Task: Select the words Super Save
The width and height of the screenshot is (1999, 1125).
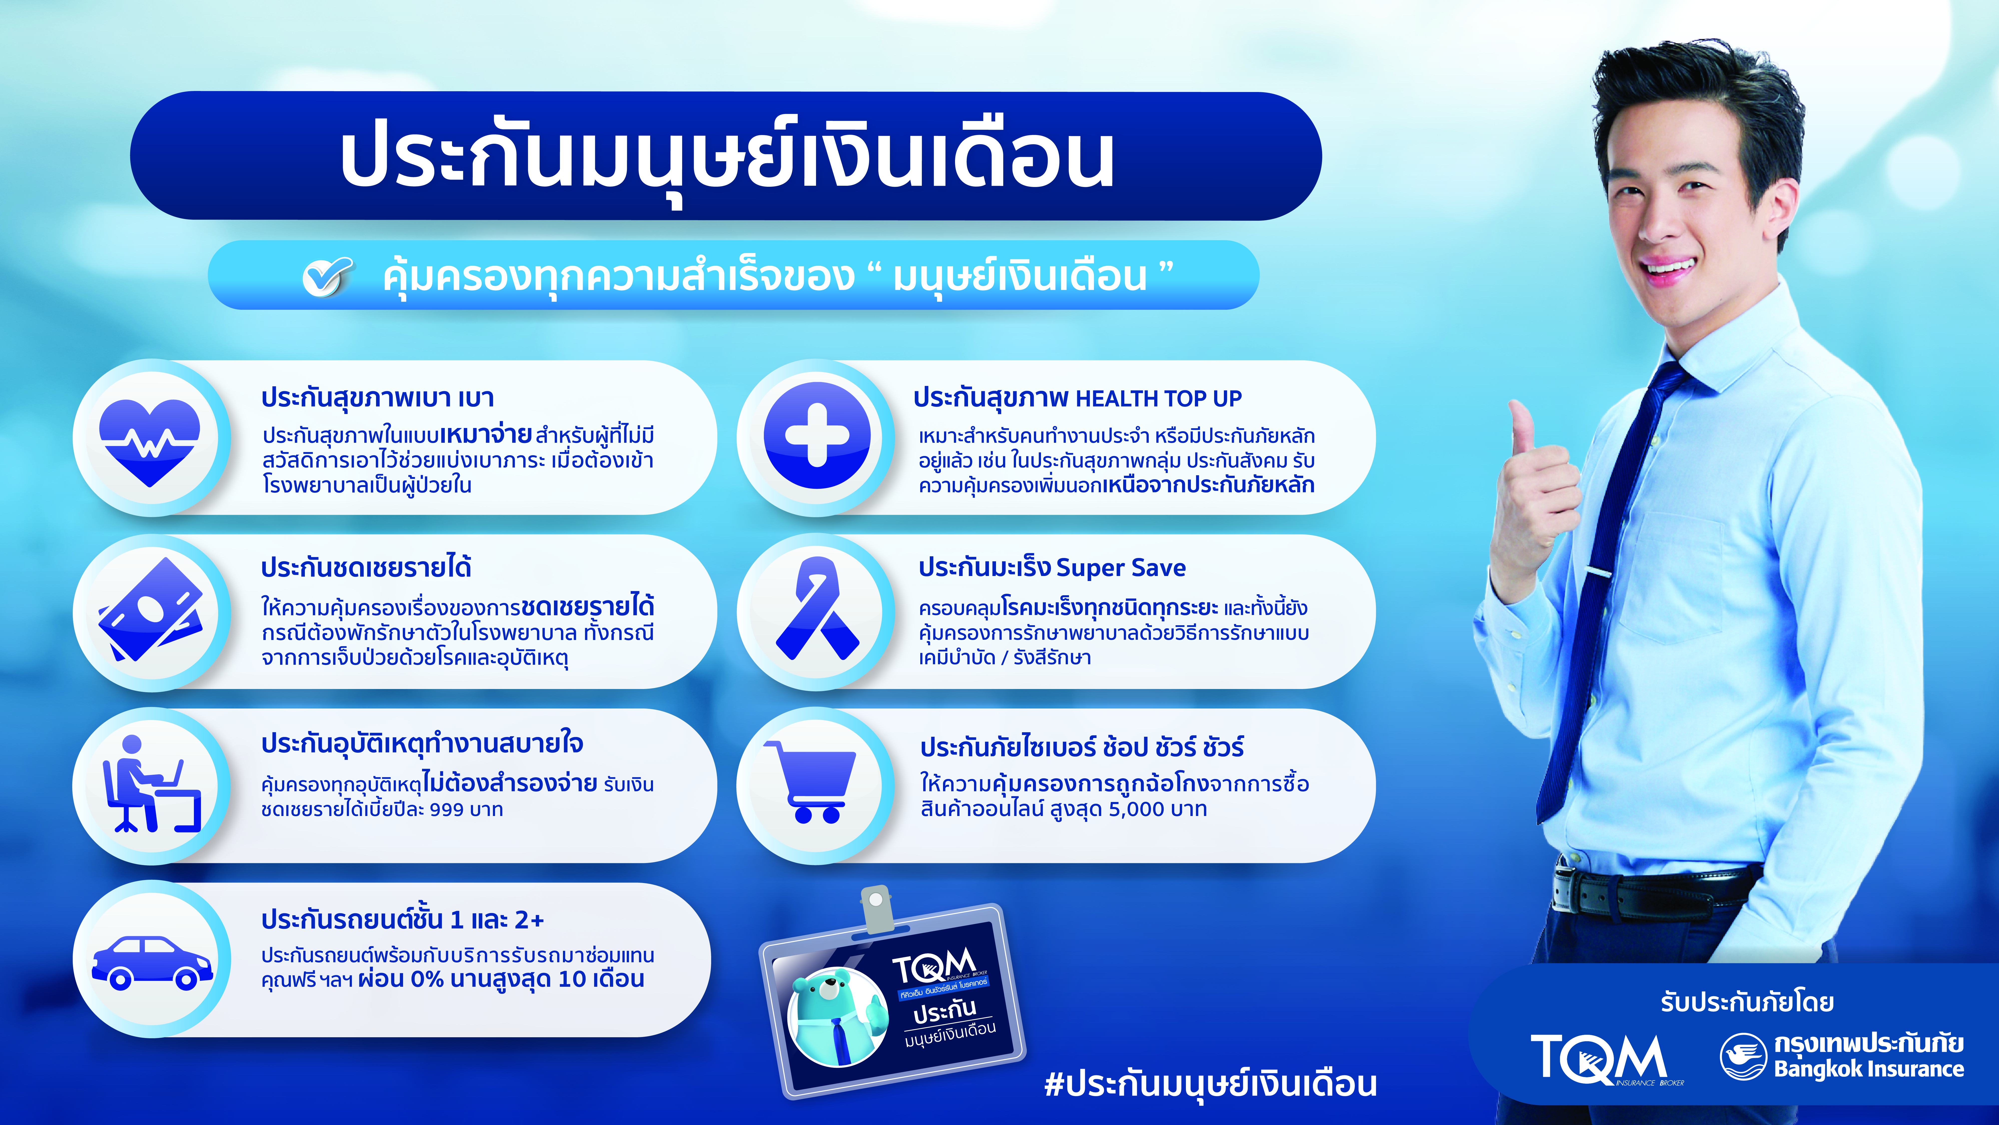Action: pyautogui.click(x=1121, y=567)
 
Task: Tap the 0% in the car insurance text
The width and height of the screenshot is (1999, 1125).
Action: pyautogui.click(x=427, y=979)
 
